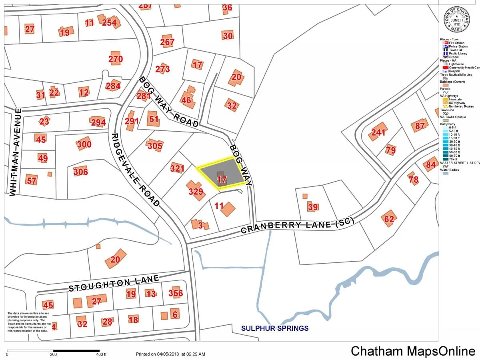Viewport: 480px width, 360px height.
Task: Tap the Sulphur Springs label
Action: click(274, 328)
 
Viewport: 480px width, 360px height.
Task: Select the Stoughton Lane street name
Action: click(114, 283)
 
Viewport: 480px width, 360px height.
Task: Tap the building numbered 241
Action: click(378, 132)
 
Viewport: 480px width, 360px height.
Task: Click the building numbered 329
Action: click(196, 191)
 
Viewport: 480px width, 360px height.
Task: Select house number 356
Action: click(175, 293)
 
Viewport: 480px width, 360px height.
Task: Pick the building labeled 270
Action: click(116, 59)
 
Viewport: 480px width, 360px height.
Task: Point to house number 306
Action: click(81, 172)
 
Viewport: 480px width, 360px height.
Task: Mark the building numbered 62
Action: click(389, 219)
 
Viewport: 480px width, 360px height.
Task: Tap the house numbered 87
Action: click(420, 126)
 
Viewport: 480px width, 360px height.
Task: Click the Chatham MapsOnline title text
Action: click(413, 351)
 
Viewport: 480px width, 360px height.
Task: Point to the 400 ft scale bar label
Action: click(102, 354)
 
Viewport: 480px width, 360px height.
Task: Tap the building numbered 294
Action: click(98, 122)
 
